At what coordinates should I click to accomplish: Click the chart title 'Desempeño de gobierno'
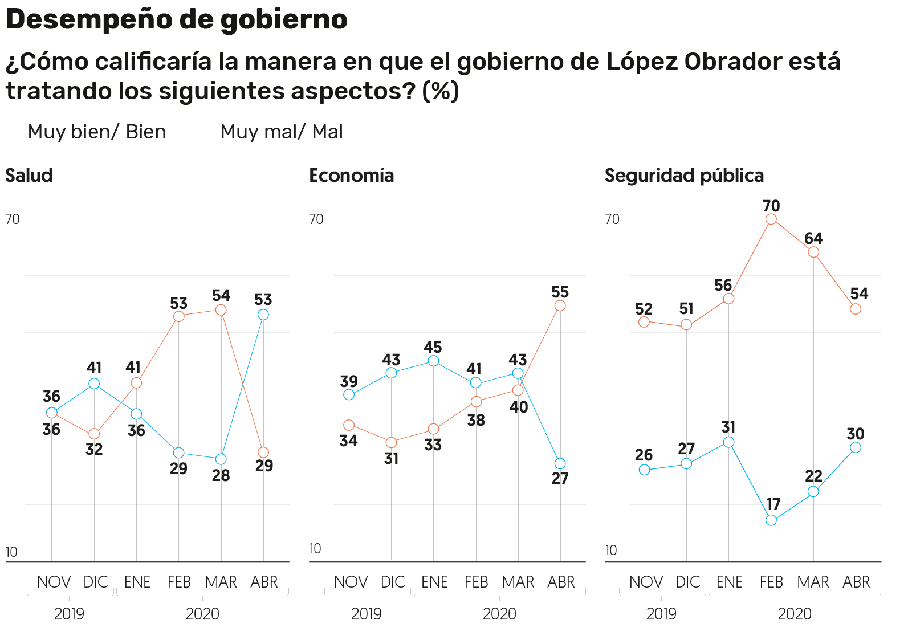point(176,20)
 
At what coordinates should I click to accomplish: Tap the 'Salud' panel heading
point(29,176)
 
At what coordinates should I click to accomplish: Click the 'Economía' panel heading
point(351,176)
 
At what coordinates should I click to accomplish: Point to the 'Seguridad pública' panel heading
point(684,176)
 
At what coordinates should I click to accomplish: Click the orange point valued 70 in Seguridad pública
point(771,219)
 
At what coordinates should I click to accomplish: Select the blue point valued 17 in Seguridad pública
point(771,520)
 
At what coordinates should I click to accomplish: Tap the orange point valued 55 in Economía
point(560,306)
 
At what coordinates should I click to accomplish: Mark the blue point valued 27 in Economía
point(560,463)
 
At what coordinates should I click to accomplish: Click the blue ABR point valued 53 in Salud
point(263,315)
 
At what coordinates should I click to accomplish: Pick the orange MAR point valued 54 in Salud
point(221,310)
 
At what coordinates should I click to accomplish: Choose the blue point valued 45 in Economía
point(433,361)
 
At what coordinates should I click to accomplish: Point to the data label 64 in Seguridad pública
point(813,238)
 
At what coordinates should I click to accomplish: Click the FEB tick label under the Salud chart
point(179,582)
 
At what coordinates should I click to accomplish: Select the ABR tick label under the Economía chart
point(561,582)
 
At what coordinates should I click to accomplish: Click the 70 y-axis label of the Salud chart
point(13,219)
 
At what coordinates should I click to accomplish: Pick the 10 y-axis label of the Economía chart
point(315,549)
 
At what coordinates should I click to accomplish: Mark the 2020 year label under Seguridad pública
point(795,614)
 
